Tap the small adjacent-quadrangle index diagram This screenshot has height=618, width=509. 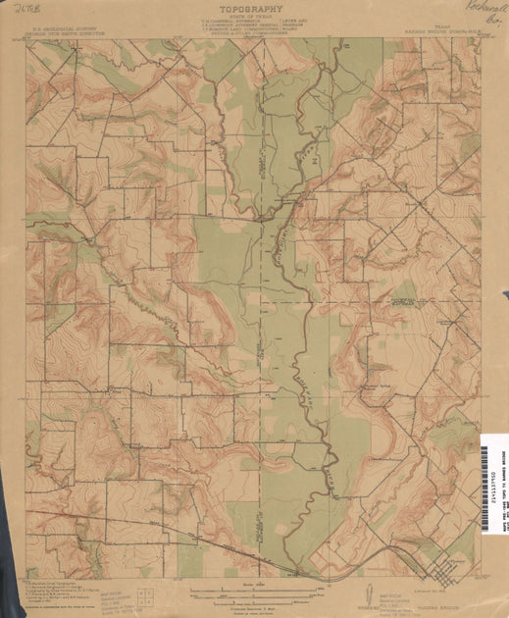pyautogui.click(x=143, y=592)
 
